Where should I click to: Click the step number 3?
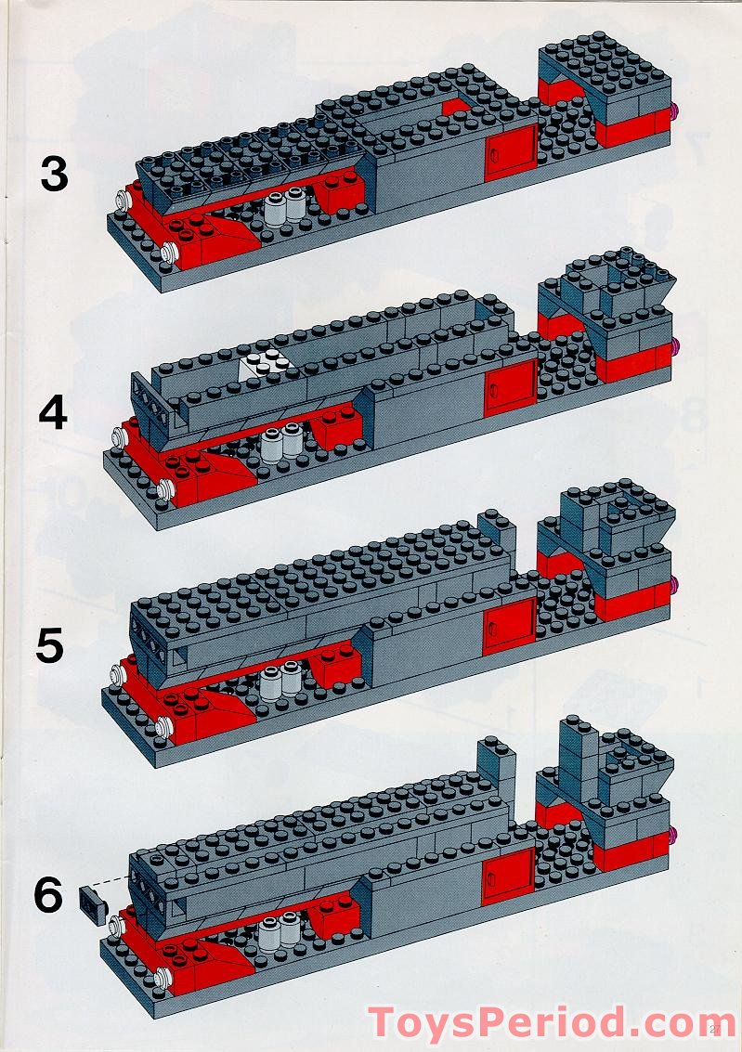54,174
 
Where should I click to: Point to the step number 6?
48,895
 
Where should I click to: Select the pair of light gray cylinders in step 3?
286,208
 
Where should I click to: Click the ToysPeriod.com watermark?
553,1022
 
